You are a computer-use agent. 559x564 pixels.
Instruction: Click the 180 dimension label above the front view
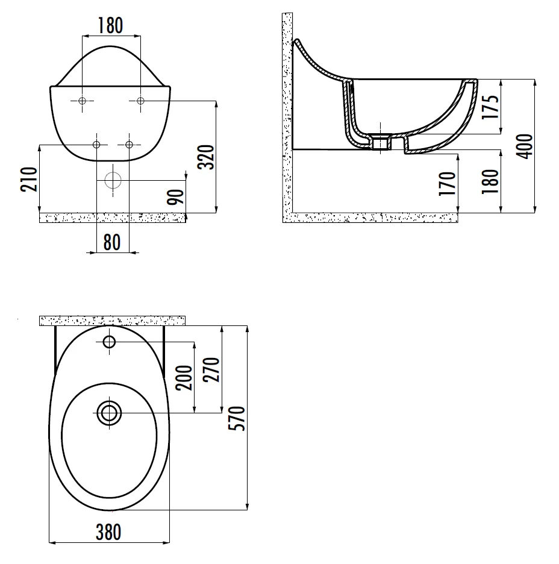coord(111,25)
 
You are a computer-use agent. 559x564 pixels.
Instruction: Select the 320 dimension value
coord(206,157)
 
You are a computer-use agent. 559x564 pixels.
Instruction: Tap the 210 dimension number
coord(29,179)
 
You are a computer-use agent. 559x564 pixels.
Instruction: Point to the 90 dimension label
coord(175,196)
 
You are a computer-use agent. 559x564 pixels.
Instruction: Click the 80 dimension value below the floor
coord(112,242)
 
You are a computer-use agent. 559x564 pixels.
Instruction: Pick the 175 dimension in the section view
coord(490,107)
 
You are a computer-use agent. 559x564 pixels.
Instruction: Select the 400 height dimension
coord(525,146)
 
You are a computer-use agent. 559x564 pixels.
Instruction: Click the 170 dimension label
coord(447,183)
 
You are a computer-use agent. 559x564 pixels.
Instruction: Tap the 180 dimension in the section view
coord(490,181)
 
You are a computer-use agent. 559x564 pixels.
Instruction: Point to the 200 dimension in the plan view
coord(184,378)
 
